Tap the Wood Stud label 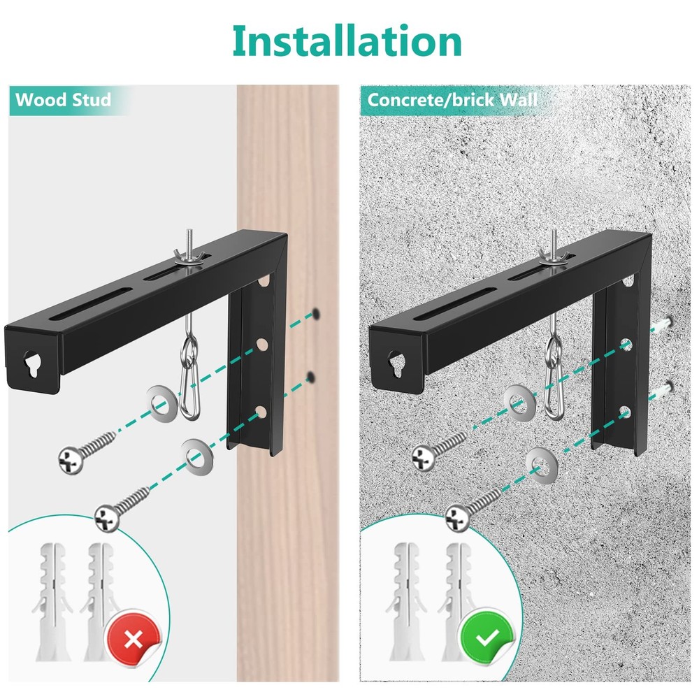point(64,99)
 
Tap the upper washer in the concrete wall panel point(517,402)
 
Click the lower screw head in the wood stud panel point(106,517)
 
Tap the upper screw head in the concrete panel point(423,458)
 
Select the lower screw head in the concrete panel point(458,517)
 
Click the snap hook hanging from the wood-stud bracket point(188,388)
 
